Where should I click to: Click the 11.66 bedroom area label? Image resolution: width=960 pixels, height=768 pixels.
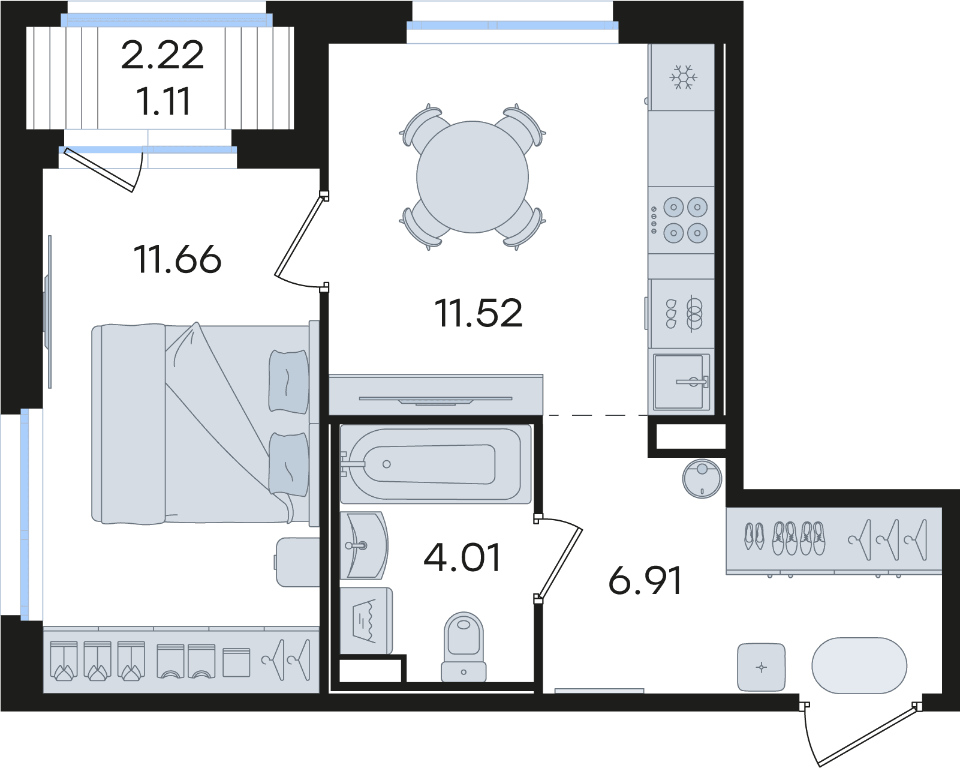click(x=177, y=259)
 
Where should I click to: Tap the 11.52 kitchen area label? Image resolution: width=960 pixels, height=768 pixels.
click(x=479, y=313)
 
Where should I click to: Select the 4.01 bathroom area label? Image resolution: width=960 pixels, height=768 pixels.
click(x=462, y=557)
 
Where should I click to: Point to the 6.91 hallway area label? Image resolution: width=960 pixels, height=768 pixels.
click(x=645, y=580)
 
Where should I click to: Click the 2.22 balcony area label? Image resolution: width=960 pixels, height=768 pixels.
click(x=162, y=55)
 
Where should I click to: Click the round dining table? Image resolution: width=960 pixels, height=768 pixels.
click(x=473, y=177)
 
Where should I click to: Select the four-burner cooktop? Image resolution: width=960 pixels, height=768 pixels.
click(x=681, y=220)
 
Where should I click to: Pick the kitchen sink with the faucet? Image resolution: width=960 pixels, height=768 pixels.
click(x=681, y=382)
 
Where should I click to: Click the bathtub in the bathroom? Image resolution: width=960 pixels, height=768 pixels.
click(x=435, y=464)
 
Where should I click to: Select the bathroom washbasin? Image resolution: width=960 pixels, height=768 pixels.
click(x=363, y=545)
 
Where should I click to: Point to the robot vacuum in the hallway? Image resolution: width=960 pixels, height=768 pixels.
click(x=702, y=479)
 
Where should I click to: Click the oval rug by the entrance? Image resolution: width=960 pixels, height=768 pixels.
click(x=859, y=665)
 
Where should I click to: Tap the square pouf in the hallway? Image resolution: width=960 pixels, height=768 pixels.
click(x=762, y=668)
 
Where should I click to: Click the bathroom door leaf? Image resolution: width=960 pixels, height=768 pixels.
click(x=560, y=563)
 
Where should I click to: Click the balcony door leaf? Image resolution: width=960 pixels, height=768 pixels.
click(x=98, y=170)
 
